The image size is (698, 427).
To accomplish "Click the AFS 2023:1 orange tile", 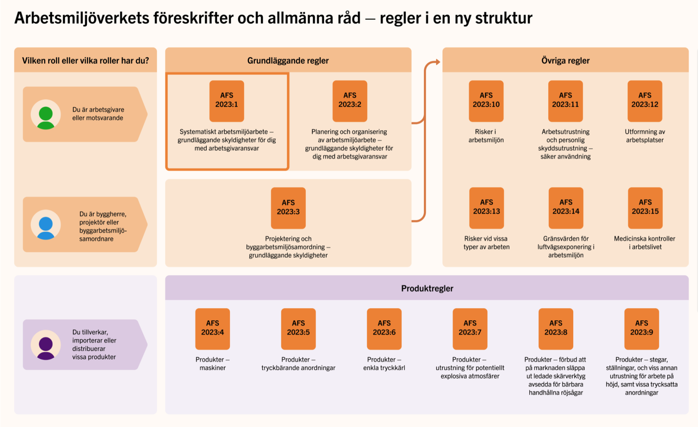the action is pyautogui.click(x=226, y=101).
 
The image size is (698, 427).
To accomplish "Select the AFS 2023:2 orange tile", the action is pyautogui.click(x=350, y=101).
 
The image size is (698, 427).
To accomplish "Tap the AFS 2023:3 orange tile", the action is pyautogui.click(x=288, y=208).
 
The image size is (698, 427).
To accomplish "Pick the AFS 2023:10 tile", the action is pyautogui.click(x=486, y=101).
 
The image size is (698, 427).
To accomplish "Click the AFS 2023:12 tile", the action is pyautogui.click(x=645, y=101).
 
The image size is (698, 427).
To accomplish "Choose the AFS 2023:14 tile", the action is pyautogui.click(x=566, y=208).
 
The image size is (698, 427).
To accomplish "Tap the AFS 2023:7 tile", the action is pyautogui.click(x=470, y=329).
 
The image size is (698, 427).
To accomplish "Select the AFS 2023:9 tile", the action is pyautogui.click(x=642, y=329).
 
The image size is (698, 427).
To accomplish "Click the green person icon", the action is pyautogui.click(x=46, y=117).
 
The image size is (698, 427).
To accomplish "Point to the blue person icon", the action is pyautogui.click(x=46, y=228).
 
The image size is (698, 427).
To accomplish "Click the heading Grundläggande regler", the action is pyautogui.click(x=288, y=61).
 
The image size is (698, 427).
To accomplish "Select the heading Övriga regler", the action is pyautogui.click(x=566, y=61).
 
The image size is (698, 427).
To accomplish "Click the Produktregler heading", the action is pyautogui.click(x=427, y=288).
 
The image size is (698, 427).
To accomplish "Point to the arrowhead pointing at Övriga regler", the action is pyautogui.click(x=438, y=62).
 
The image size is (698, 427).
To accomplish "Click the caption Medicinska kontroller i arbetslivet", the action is pyautogui.click(x=645, y=243).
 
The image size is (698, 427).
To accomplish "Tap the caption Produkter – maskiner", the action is pyautogui.click(x=213, y=364).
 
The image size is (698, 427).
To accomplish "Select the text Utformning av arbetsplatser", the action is pyautogui.click(x=645, y=136).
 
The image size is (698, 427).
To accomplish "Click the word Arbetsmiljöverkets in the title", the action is pyautogui.click(x=81, y=18).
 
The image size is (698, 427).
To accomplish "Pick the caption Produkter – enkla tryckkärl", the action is pyautogui.click(x=384, y=364).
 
